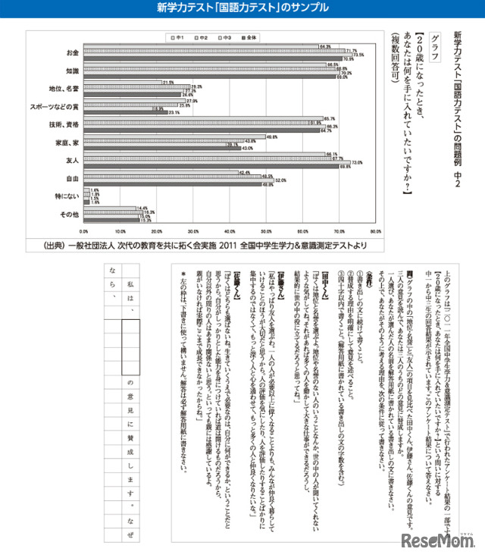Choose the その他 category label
point(70,215)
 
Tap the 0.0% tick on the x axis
point(85,231)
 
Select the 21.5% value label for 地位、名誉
point(168,82)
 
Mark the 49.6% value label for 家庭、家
point(271,137)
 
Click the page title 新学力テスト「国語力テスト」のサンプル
point(242,8)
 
